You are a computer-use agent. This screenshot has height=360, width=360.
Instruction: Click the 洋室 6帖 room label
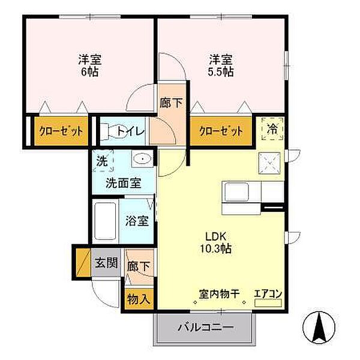pyautogui.click(x=90, y=65)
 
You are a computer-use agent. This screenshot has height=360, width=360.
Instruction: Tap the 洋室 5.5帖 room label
pyautogui.click(x=221, y=65)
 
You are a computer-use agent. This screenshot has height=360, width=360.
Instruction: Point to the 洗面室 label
pyautogui.click(x=124, y=183)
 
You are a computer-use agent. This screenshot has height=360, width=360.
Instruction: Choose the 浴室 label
pyautogui.click(x=137, y=220)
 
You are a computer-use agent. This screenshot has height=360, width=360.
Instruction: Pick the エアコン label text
pyautogui.click(x=266, y=293)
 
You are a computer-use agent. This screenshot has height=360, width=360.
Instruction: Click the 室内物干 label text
pyautogui.click(x=220, y=293)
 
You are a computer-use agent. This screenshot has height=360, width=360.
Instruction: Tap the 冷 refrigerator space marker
pyautogui.click(x=272, y=128)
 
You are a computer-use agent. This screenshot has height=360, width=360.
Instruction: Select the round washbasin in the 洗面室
pyautogui.click(x=142, y=160)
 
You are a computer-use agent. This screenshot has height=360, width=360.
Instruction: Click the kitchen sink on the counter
pyautogui.click(x=239, y=193)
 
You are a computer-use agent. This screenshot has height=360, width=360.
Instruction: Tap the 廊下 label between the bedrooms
pyautogui.click(x=171, y=103)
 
